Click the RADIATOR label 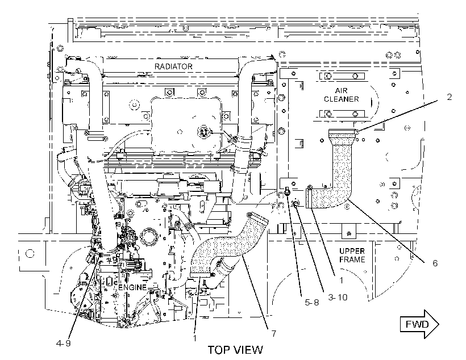point(173,66)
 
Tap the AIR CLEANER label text point(341,95)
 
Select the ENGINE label point(132,287)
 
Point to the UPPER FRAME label point(352,255)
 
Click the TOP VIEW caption point(235,350)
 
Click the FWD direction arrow point(419,324)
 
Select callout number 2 point(449,97)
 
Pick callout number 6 point(435,263)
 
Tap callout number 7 point(273,333)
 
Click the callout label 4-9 point(63,343)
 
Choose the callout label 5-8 point(312,303)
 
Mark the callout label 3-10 point(338,297)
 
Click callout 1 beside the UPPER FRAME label point(341,280)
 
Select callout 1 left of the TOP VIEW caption point(195,338)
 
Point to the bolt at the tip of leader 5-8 point(288,191)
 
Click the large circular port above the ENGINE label point(148,236)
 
